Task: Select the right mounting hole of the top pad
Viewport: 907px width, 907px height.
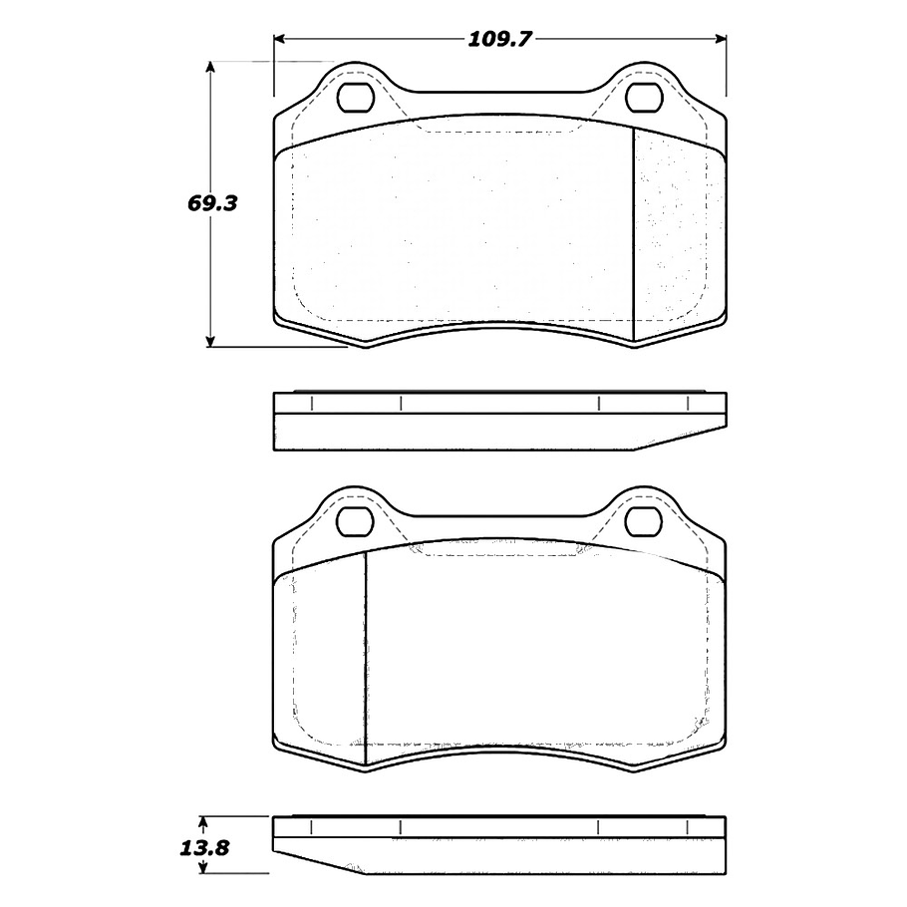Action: (x=644, y=97)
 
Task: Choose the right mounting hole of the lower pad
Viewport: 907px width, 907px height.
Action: (x=644, y=519)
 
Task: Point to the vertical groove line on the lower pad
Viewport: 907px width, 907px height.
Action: (x=366, y=658)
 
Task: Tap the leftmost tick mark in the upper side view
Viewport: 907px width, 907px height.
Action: (x=311, y=404)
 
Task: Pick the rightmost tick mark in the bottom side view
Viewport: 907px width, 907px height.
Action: (x=688, y=826)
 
